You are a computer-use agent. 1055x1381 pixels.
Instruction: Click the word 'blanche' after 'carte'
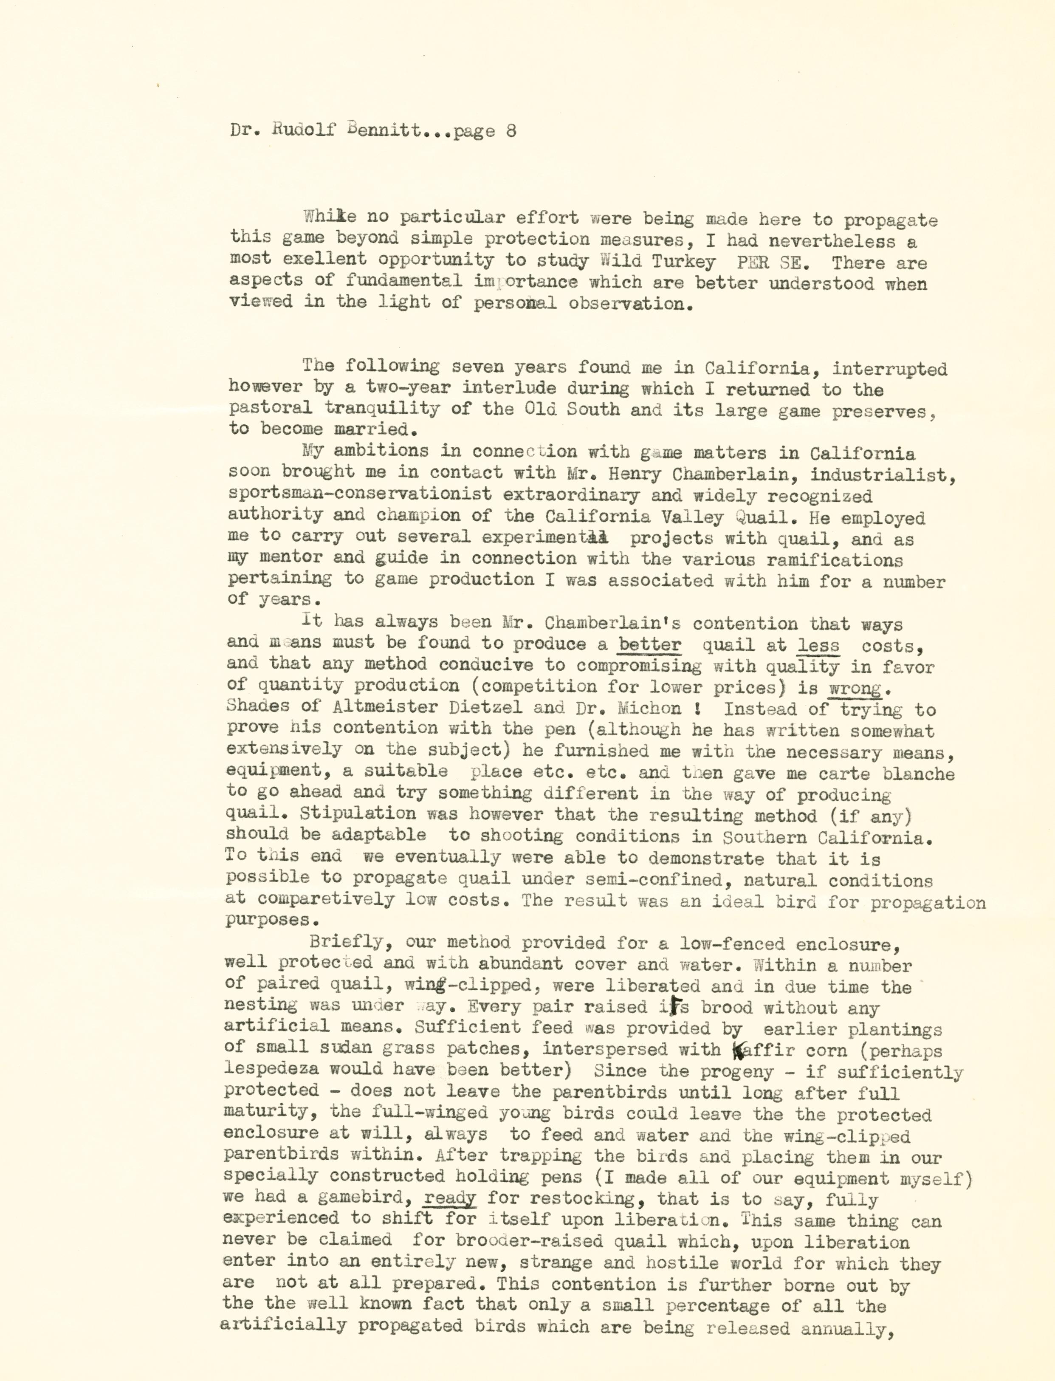[x=918, y=774]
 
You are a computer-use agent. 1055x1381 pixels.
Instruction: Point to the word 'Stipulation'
[x=357, y=814]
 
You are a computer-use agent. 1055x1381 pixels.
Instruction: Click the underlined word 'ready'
[x=450, y=1197]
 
